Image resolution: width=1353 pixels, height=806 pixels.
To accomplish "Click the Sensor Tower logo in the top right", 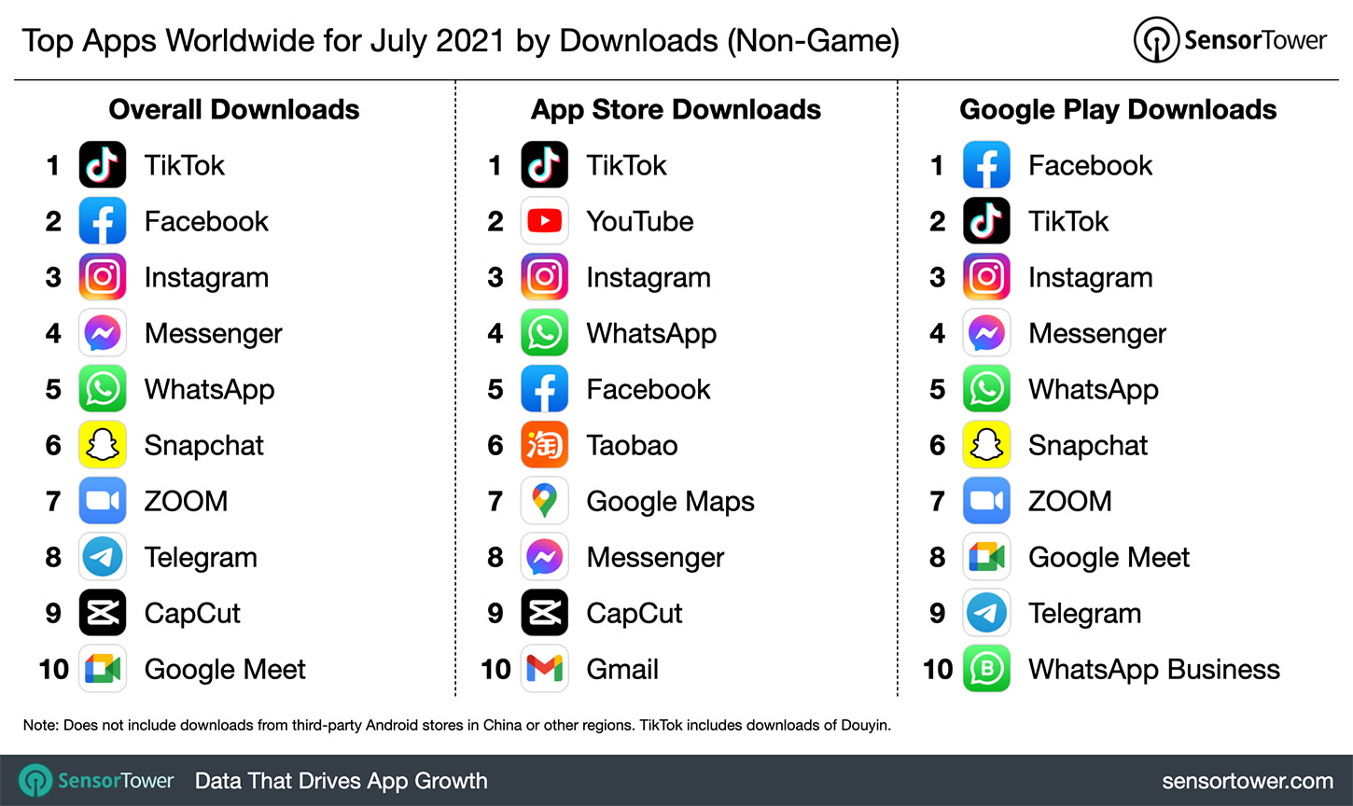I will (x=1230, y=40).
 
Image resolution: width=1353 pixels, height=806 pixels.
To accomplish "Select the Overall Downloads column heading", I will (x=234, y=109).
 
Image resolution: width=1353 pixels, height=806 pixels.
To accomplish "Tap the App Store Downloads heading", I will (x=676, y=109).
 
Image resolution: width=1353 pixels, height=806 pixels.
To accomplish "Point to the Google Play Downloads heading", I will (x=1118, y=109).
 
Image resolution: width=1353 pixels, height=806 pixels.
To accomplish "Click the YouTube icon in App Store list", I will (x=545, y=221).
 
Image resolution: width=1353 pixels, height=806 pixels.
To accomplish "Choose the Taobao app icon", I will (x=545, y=445).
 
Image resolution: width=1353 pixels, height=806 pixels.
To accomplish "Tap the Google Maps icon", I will (x=545, y=501).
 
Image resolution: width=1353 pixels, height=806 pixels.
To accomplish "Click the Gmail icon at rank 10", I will (x=545, y=669).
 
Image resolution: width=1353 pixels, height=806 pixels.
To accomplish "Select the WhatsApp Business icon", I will (x=986, y=669).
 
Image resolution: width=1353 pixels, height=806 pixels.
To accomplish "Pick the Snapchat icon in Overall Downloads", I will (x=103, y=445).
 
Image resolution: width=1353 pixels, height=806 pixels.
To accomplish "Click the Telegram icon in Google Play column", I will (x=986, y=613).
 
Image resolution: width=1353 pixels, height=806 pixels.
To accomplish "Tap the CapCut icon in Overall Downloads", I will (x=103, y=613).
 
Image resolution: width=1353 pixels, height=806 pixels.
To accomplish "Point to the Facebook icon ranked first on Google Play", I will (x=986, y=165).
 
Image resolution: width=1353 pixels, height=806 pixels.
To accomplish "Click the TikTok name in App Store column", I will (x=626, y=165).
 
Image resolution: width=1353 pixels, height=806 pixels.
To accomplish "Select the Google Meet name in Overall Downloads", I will (x=225, y=669).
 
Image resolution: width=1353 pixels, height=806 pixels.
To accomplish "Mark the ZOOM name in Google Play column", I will (x=1069, y=501).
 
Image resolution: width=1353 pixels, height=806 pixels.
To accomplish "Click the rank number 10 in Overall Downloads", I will (x=54, y=669).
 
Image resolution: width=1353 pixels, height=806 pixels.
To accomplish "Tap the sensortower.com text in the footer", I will (x=1247, y=781).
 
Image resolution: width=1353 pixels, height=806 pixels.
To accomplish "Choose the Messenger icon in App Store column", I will (x=545, y=557).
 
